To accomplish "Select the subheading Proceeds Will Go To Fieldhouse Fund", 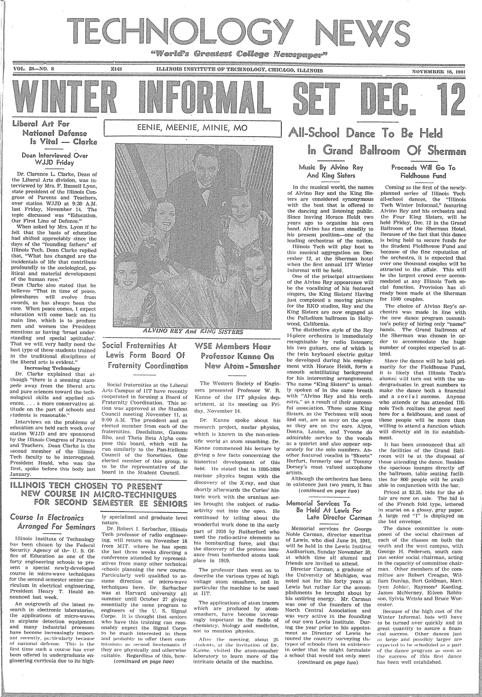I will tap(423, 171).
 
